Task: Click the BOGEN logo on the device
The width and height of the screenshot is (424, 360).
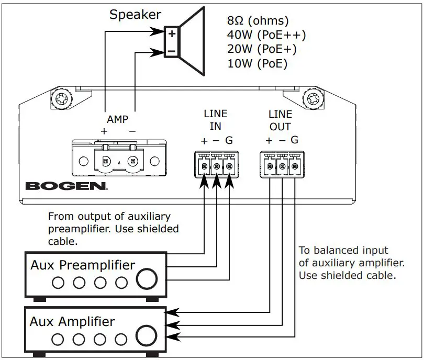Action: [x=66, y=186]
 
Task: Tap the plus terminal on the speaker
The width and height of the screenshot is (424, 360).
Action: [x=172, y=34]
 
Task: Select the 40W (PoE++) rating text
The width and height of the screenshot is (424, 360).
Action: [x=266, y=35]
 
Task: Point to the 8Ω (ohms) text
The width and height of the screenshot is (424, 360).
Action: [x=258, y=20]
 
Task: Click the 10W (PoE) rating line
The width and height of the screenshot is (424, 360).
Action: [x=257, y=64]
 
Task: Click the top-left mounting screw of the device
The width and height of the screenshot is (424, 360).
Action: [x=62, y=99]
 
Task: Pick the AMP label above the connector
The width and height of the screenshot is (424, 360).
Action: [x=117, y=119]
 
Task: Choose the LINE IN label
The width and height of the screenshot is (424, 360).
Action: [x=216, y=120]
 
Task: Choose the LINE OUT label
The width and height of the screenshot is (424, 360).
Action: [x=280, y=120]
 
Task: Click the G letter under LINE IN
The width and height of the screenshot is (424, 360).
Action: [x=229, y=140]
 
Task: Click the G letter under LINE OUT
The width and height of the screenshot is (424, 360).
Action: [x=294, y=140]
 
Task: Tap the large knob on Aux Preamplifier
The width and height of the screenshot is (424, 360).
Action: [x=147, y=279]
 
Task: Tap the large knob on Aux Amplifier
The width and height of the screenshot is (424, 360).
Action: [x=146, y=336]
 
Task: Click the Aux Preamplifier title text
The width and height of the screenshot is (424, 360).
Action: [x=83, y=265]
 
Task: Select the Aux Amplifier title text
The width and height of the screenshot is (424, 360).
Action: [x=72, y=322]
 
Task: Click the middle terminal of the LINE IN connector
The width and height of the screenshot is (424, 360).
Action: [x=217, y=166]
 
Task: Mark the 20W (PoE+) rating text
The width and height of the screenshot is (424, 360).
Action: [x=262, y=49]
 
